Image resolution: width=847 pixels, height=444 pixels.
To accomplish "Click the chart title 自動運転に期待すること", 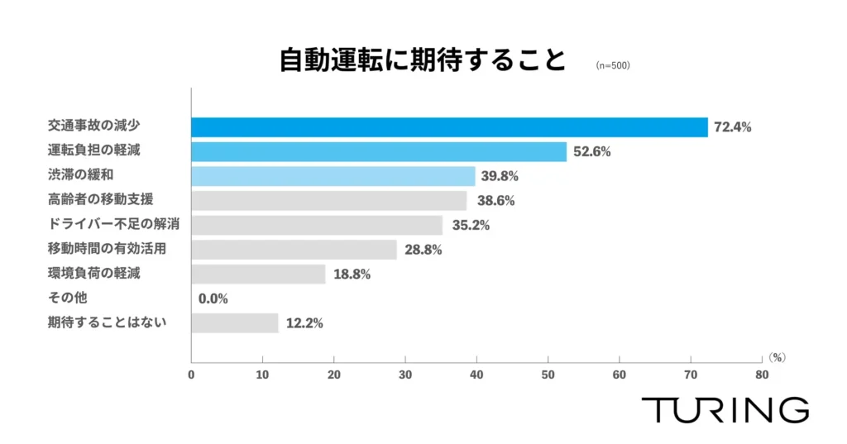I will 422,62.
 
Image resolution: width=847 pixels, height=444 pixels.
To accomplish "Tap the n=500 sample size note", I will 613,65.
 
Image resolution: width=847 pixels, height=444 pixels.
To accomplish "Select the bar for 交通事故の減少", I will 449,127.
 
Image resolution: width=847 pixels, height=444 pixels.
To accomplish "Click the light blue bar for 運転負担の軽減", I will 379,152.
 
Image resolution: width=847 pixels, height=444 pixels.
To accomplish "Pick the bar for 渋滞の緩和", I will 333,176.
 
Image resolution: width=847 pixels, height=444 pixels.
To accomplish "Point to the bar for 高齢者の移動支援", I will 329,201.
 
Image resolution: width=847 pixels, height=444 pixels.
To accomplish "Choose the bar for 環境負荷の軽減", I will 258,274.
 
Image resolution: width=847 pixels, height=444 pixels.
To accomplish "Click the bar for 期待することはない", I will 235,322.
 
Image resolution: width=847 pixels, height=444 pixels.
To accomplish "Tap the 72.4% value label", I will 733,127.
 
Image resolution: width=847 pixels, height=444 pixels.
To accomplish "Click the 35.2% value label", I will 471,225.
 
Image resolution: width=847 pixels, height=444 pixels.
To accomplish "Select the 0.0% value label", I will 213,298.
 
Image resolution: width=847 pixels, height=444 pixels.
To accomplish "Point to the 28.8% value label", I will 423,250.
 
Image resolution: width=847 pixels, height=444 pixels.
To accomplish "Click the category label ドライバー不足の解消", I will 114,224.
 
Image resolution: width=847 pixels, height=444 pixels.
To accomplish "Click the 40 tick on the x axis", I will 476,375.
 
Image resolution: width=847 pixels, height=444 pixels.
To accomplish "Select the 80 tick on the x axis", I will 762,375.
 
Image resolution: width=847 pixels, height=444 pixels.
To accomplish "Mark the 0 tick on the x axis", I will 191,375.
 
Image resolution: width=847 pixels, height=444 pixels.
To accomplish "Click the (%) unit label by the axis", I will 776,358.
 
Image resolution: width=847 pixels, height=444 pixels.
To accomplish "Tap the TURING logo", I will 725,409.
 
